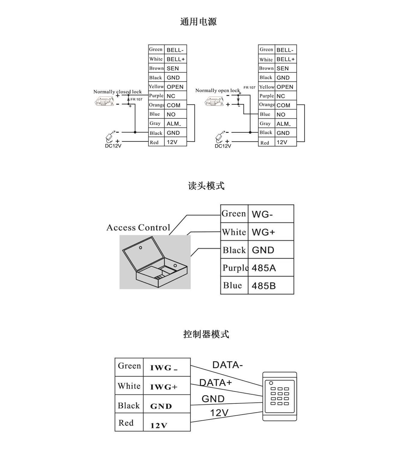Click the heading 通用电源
tap(198, 22)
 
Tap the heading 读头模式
tap(206, 186)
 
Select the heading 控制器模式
tap(206, 334)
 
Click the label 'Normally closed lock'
tap(117, 92)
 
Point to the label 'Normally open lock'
tap(217, 90)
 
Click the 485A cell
tap(271, 268)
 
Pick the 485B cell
tap(271, 285)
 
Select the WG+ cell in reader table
tap(271, 232)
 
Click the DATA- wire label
tap(227, 365)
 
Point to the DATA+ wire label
tap(216, 382)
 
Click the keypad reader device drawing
tap(279, 396)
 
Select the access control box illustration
tap(155, 262)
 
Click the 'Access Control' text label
tap(138, 227)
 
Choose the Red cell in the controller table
tap(129, 422)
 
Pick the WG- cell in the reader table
tap(271, 214)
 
